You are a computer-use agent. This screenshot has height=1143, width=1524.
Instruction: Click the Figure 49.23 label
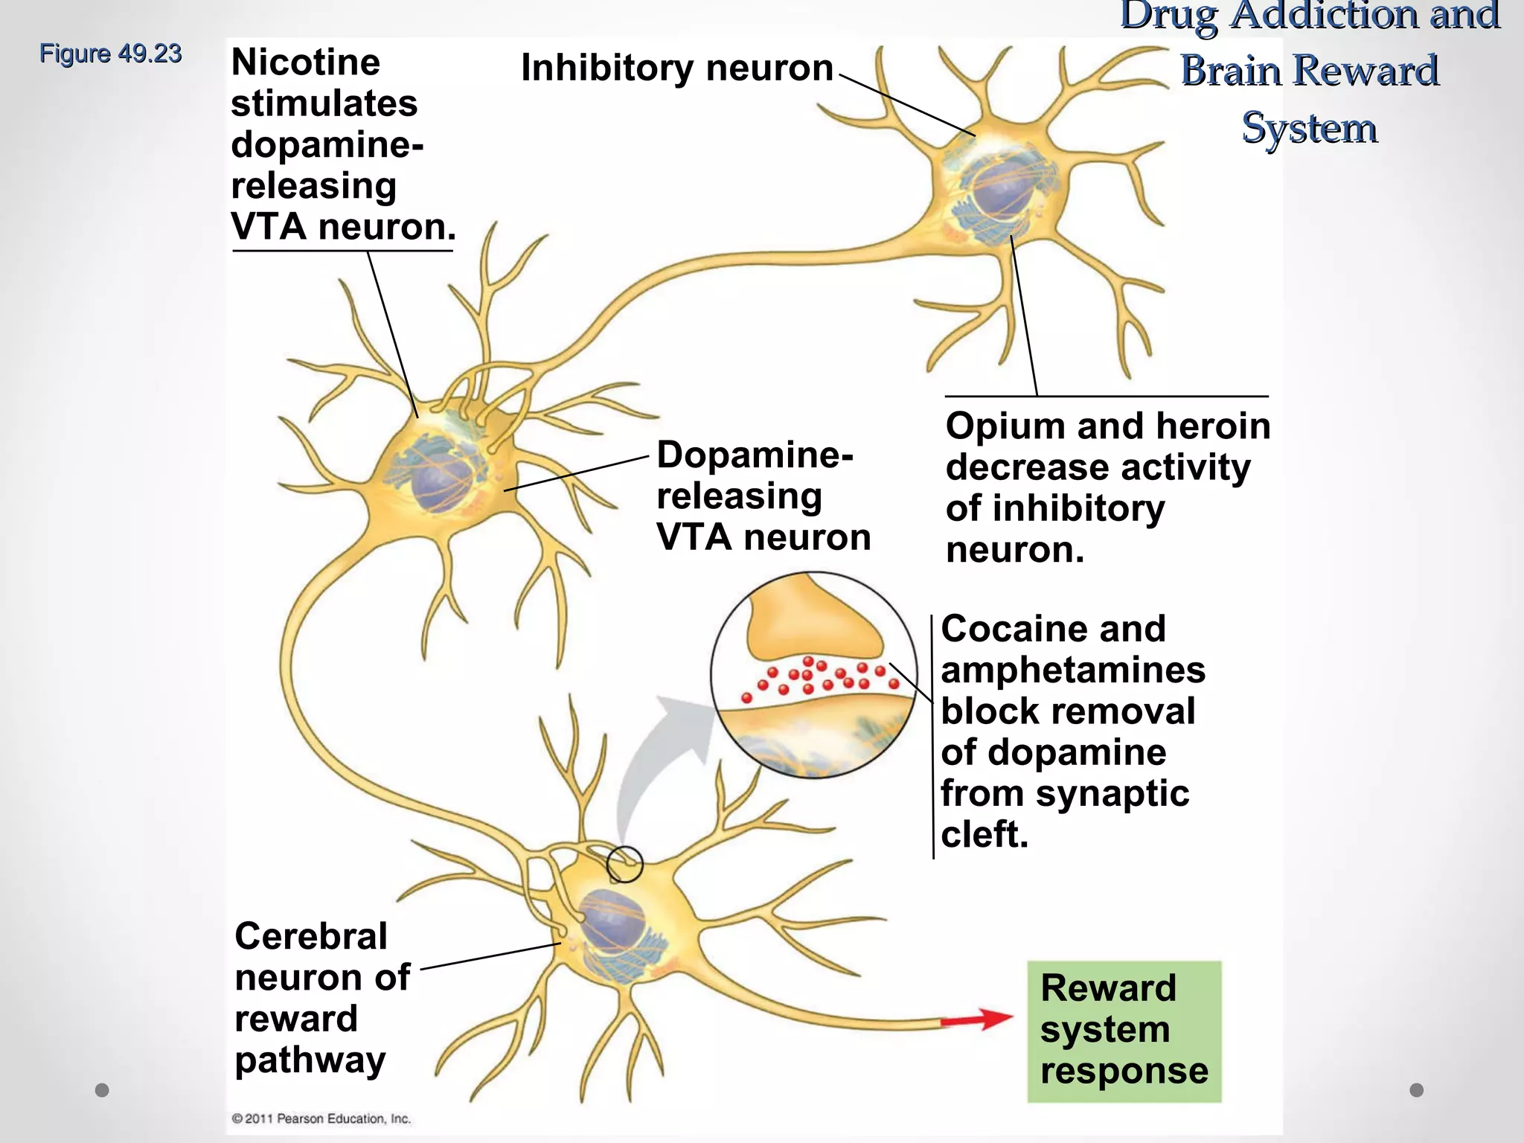[x=110, y=54]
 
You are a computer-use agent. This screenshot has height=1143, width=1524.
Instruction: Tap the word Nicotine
[x=305, y=63]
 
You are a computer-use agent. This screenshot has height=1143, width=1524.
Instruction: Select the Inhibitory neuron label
[x=676, y=68]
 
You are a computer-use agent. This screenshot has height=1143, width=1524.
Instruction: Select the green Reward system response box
[x=1124, y=1031]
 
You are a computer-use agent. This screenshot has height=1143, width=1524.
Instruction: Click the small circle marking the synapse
[x=624, y=865]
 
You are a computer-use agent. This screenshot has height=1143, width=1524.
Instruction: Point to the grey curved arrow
[x=655, y=759]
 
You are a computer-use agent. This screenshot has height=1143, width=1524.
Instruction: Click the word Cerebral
[x=310, y=936]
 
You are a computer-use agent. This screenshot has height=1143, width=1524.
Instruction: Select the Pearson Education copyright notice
[x=321, y=1118]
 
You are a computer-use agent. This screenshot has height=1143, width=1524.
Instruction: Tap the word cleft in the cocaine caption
[x=984, y=834]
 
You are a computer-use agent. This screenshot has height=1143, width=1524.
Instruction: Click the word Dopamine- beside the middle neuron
[x=754, y=455]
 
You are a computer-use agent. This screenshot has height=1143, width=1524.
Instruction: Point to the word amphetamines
[x=1072, y=670]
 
